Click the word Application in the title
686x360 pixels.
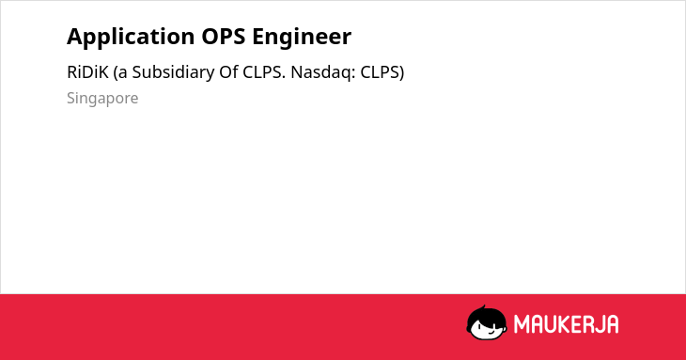131,37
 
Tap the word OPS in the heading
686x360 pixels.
223,37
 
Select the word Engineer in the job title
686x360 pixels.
302,37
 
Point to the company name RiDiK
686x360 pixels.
87,72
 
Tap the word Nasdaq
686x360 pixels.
324,72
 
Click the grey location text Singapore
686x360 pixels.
102,99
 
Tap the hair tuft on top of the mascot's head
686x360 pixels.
484,308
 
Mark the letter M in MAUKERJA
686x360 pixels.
521,324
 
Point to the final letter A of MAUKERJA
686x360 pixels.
612,324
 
